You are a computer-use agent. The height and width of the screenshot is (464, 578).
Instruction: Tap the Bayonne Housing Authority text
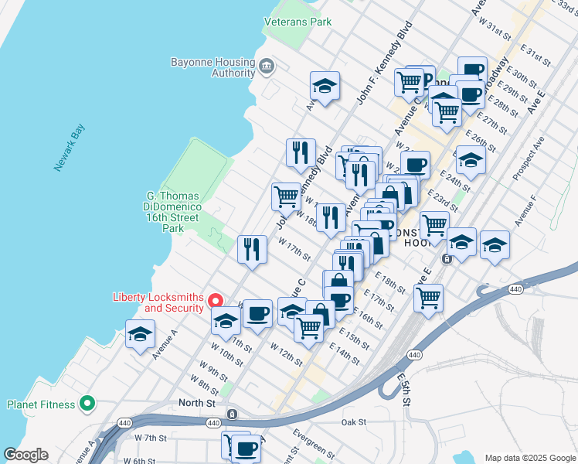point(212,67)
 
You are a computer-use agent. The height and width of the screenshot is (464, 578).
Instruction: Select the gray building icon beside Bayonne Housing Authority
point(267,64)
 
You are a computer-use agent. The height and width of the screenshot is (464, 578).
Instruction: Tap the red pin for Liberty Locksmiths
point(216,301)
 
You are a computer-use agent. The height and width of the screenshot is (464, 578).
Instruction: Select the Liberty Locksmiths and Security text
point(158,302)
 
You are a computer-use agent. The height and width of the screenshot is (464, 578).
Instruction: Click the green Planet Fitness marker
point(87,404)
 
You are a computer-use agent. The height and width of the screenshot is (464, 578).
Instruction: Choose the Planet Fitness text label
point(41,404)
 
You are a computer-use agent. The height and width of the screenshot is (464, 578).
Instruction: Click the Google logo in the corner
point(25,455)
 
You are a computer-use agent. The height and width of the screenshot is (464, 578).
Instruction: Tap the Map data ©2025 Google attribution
point(529,458)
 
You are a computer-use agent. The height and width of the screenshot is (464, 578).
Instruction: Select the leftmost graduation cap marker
point(140,334)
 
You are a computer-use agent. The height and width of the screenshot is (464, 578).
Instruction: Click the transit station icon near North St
point(232,415)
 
